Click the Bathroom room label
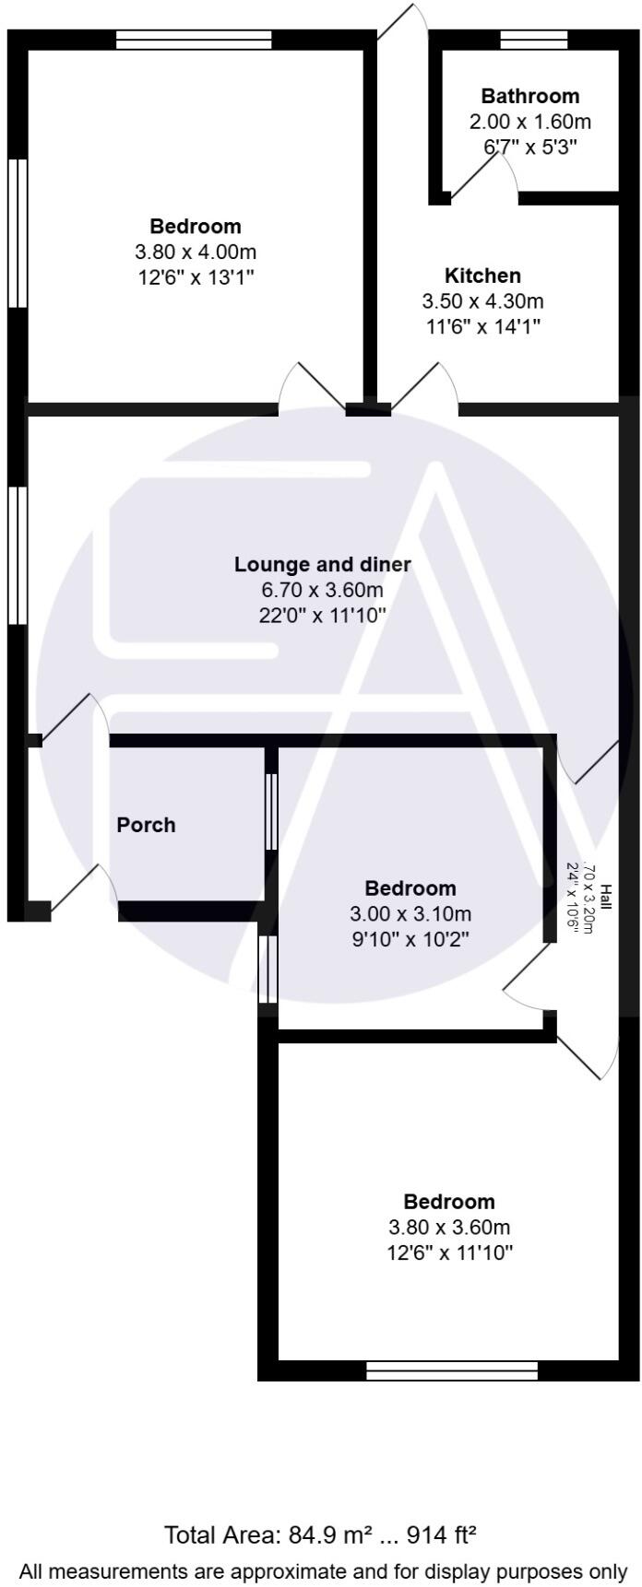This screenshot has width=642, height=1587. pos(530,96)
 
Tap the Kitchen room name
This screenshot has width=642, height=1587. pos(482,276)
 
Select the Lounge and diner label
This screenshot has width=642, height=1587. pos(322,564)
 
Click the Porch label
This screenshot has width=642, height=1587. pos(146,825)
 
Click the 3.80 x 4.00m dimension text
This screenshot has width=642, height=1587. pos(196,252)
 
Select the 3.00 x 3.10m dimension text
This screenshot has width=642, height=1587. pos(410,914)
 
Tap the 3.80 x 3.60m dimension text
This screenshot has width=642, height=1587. pos(449,1228)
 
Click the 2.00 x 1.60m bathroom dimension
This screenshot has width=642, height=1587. pos(530,122)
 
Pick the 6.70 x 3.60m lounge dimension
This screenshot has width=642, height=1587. pos(322,590)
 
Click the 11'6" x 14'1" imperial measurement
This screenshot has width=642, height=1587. pos(482,326)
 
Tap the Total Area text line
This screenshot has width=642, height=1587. pos(321,1535)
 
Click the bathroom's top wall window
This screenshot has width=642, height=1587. pos(533,39)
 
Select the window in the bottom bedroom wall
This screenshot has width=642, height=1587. pos(451,1371)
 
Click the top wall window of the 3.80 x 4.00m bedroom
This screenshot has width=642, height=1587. pos(195,39)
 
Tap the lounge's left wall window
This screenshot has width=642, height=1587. pos(18,555)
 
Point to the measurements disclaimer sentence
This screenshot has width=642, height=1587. pos(321,1570)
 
